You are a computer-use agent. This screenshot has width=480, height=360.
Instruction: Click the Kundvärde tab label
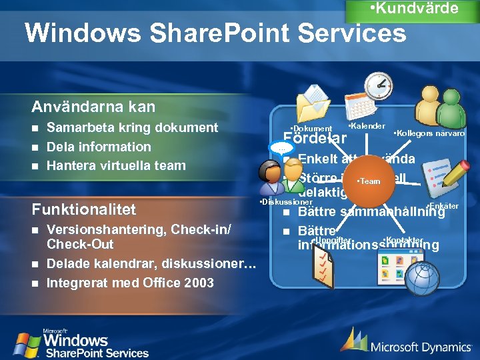coord(413,9)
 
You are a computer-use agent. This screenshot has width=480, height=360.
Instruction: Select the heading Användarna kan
coord(93,107)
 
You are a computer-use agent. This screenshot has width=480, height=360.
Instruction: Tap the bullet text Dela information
coord(99,147)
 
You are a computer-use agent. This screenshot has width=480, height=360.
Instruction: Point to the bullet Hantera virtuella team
coord(116,165)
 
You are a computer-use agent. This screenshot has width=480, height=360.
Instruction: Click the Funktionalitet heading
coord(84,209)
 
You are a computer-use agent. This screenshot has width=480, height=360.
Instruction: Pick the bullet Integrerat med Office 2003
coord(130,283)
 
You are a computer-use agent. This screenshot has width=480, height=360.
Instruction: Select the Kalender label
coord(367,126)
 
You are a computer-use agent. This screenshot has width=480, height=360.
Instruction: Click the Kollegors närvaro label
coord(429,133)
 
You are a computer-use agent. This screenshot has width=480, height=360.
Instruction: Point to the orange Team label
coord(369,181)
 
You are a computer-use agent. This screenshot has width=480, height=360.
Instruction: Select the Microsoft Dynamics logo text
coord(420,347)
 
